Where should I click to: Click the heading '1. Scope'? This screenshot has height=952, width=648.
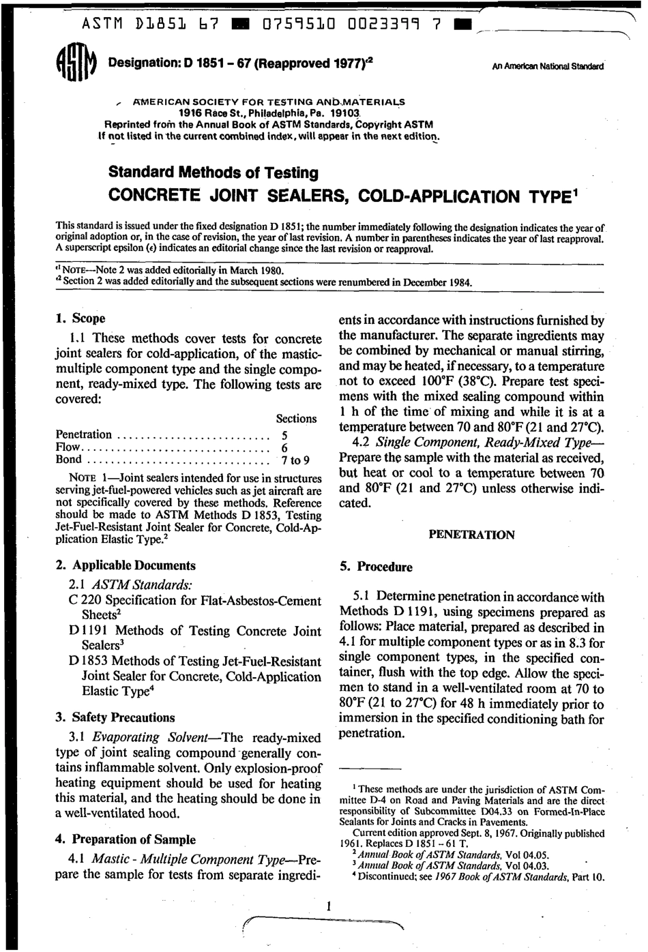[x=80, y=318]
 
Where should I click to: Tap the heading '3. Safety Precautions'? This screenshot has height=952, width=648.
[x=115, y=717]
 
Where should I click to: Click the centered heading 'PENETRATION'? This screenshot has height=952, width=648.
[x=471, y=535]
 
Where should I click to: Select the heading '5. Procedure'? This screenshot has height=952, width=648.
[x=376, y=567]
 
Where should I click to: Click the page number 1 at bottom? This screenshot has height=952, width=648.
[x=329, y=906]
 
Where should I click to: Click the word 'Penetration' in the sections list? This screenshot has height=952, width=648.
[x=83, y=434]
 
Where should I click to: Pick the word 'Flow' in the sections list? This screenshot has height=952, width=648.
[x=68, y=447]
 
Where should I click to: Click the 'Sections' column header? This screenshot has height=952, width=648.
[x=296, y=418]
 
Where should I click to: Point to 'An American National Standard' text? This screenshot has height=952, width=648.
[x=547, y=67]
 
